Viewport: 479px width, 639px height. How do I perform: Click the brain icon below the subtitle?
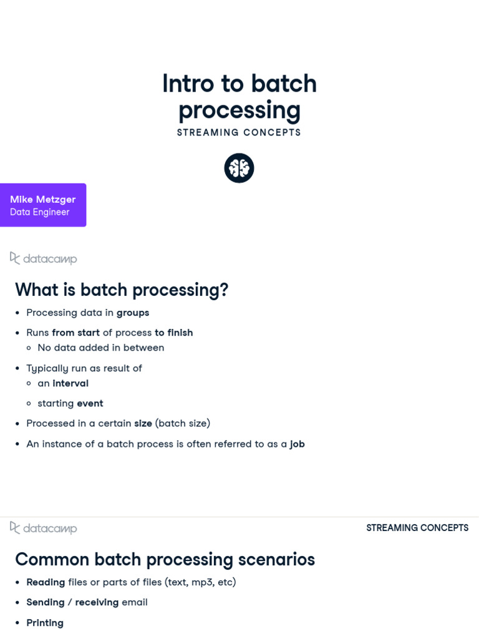pos(239,168)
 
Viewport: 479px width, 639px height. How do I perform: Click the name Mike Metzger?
pos(43,199)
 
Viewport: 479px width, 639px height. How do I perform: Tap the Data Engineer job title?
pos(39,212)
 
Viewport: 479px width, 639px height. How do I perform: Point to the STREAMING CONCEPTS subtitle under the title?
pos(239,132)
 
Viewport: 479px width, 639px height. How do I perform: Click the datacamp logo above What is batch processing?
pos(43,258)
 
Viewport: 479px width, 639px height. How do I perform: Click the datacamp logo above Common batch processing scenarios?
pos(43,528)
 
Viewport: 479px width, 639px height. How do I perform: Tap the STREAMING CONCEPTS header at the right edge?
pos(417,528)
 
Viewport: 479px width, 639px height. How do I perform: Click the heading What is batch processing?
pos(122,290)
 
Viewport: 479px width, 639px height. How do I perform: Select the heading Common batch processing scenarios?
pos(165,559)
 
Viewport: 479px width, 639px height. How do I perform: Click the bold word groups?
pos(133,312)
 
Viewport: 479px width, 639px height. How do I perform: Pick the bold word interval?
pos(70,383)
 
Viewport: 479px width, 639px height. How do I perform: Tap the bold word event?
pos(90,403)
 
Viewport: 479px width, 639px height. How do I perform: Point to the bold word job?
pos(297,444)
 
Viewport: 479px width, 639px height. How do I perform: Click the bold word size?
pos(143,423)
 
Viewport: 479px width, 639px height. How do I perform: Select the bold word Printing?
pos(45,623)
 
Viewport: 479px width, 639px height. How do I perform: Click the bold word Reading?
pos(46,582)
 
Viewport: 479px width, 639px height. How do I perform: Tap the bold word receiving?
pos(97,602)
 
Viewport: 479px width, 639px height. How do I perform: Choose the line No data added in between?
pos(100,348)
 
